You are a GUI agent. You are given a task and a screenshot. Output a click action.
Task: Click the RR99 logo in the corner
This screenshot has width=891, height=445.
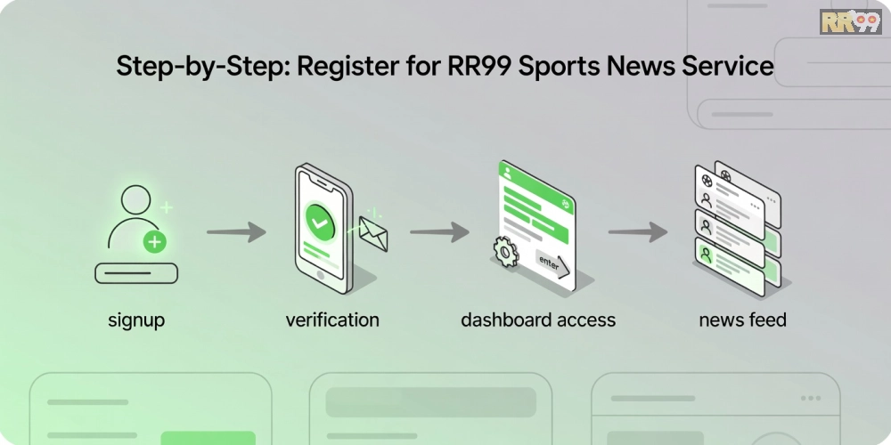pos(850,22)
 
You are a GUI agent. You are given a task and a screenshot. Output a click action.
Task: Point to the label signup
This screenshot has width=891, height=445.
pos(136,320)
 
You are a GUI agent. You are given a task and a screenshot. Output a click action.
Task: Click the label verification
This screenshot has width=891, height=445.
pos(332,320)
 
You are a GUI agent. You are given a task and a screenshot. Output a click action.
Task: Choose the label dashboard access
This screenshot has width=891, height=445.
pos(538,320)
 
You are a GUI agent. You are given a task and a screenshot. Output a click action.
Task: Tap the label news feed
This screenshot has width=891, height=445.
pos(743,320)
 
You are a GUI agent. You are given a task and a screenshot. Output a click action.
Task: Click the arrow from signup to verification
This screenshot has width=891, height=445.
pos(236,231)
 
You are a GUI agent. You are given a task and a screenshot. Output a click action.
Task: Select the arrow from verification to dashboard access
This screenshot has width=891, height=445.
pos(440,231)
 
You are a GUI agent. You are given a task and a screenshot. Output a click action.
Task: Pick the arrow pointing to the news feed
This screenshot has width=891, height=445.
pos(638,231)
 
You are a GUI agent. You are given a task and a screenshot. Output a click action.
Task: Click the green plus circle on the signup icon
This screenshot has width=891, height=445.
pos(154,242)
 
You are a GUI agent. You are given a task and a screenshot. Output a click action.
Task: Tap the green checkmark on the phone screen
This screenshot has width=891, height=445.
pos(320,222)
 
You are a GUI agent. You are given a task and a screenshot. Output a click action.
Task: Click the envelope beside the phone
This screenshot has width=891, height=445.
pos(373,233)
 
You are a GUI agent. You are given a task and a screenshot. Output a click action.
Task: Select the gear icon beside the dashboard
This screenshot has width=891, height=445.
pos(505,252)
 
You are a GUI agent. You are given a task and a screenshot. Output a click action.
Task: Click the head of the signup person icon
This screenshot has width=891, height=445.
pos(136,200)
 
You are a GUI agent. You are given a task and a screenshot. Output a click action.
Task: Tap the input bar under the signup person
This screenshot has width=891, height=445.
pos(136,273)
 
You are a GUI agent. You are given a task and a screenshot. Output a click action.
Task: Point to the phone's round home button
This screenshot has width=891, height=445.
pos(321,275)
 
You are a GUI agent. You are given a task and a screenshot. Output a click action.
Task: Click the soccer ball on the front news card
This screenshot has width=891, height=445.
pos(707,181)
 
